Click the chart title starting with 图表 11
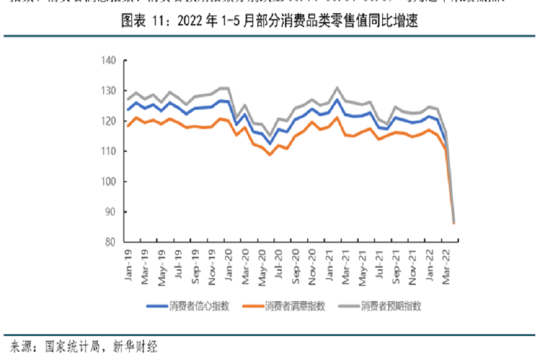[x=269, y=22]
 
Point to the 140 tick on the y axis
[x=109, y=60]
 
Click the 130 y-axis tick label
[x=109, y=91]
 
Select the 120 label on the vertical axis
[x=109, y=121]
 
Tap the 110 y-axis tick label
[x=109, y=151]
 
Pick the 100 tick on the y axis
[x=109, y=181]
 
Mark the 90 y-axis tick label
[x=110, y=212]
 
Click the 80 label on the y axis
[x=110, y=242]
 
